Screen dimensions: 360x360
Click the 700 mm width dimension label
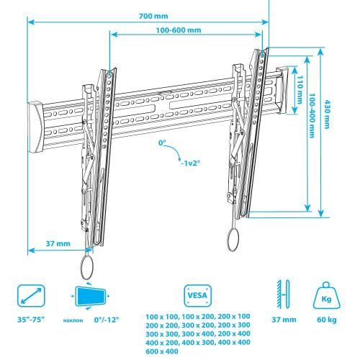point(153,16)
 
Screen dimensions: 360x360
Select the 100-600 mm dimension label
point(179,30)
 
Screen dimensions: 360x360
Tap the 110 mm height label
point(300,90)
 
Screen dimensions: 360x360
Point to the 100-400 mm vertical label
point(312,116)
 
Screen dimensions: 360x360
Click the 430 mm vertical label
point(327,114)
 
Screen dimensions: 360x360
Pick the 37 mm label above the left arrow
point(58,243)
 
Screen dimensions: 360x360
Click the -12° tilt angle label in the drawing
point(191,163)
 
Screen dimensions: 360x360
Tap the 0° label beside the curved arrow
point(162,143)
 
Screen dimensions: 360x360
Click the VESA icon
point(197,295)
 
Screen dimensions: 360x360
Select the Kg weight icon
point(327,296)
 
